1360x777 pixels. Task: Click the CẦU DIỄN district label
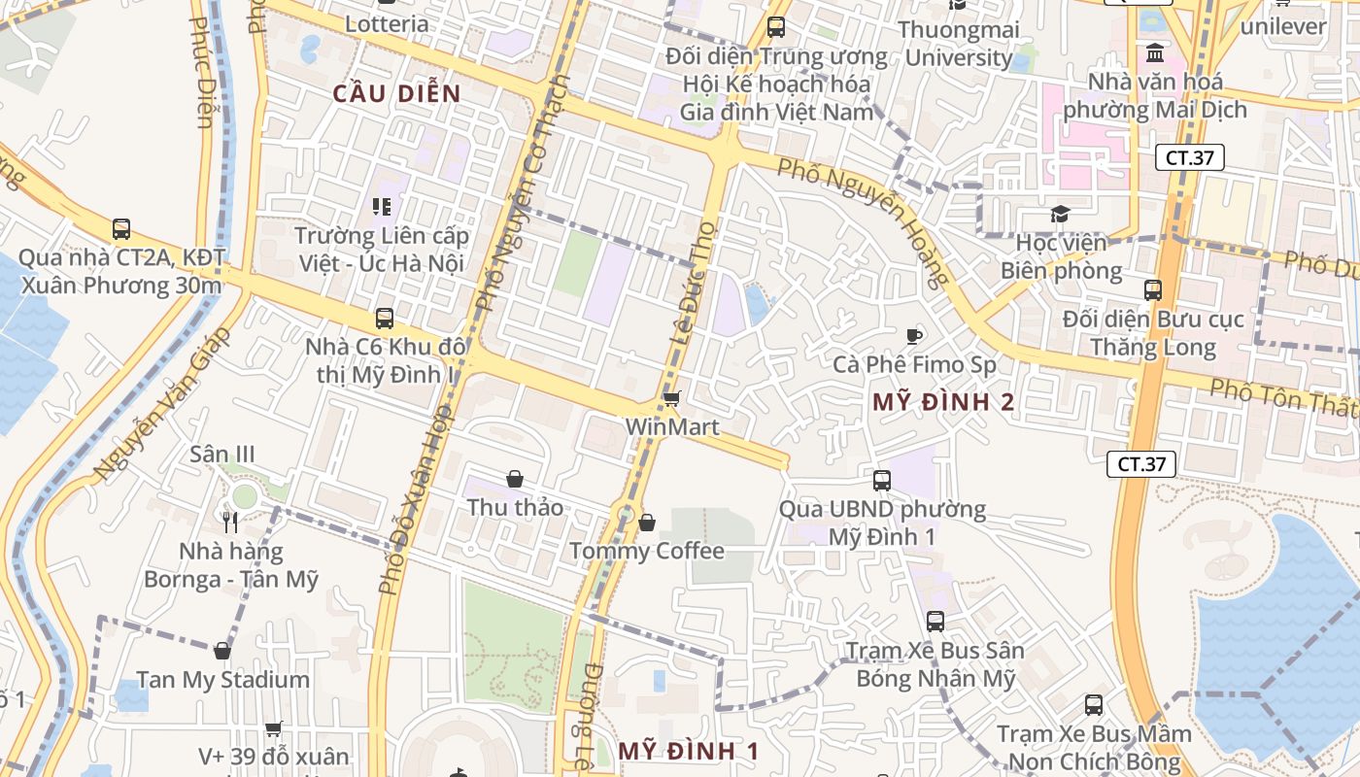click(396, 93)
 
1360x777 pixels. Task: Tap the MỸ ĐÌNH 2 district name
click(943, 402)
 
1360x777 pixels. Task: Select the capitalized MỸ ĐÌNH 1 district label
click(689, 751)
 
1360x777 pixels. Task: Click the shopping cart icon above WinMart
click(671, 398)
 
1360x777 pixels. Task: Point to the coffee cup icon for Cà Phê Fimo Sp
click(913, 336)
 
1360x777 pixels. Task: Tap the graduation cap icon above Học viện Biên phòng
click(1060, 213)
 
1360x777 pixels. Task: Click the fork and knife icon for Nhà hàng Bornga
click(230, 523)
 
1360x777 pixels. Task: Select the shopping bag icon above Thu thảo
click(515, 479)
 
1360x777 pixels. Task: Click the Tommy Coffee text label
click(646, 551)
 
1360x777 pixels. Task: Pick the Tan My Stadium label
click(222, 680)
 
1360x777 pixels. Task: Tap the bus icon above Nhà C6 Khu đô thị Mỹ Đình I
click(385, 318)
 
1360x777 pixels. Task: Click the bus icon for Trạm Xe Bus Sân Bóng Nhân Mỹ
click(935, 622)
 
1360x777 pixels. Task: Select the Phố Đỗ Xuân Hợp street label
click(412, 501)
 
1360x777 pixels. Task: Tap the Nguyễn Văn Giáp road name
click(162, 403)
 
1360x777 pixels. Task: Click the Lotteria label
click(387, 23)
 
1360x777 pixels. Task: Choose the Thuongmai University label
click(959, 44)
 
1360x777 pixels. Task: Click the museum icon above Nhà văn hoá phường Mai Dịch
click(1156, 51)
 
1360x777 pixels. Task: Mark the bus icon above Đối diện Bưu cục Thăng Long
click(1153, 289)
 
